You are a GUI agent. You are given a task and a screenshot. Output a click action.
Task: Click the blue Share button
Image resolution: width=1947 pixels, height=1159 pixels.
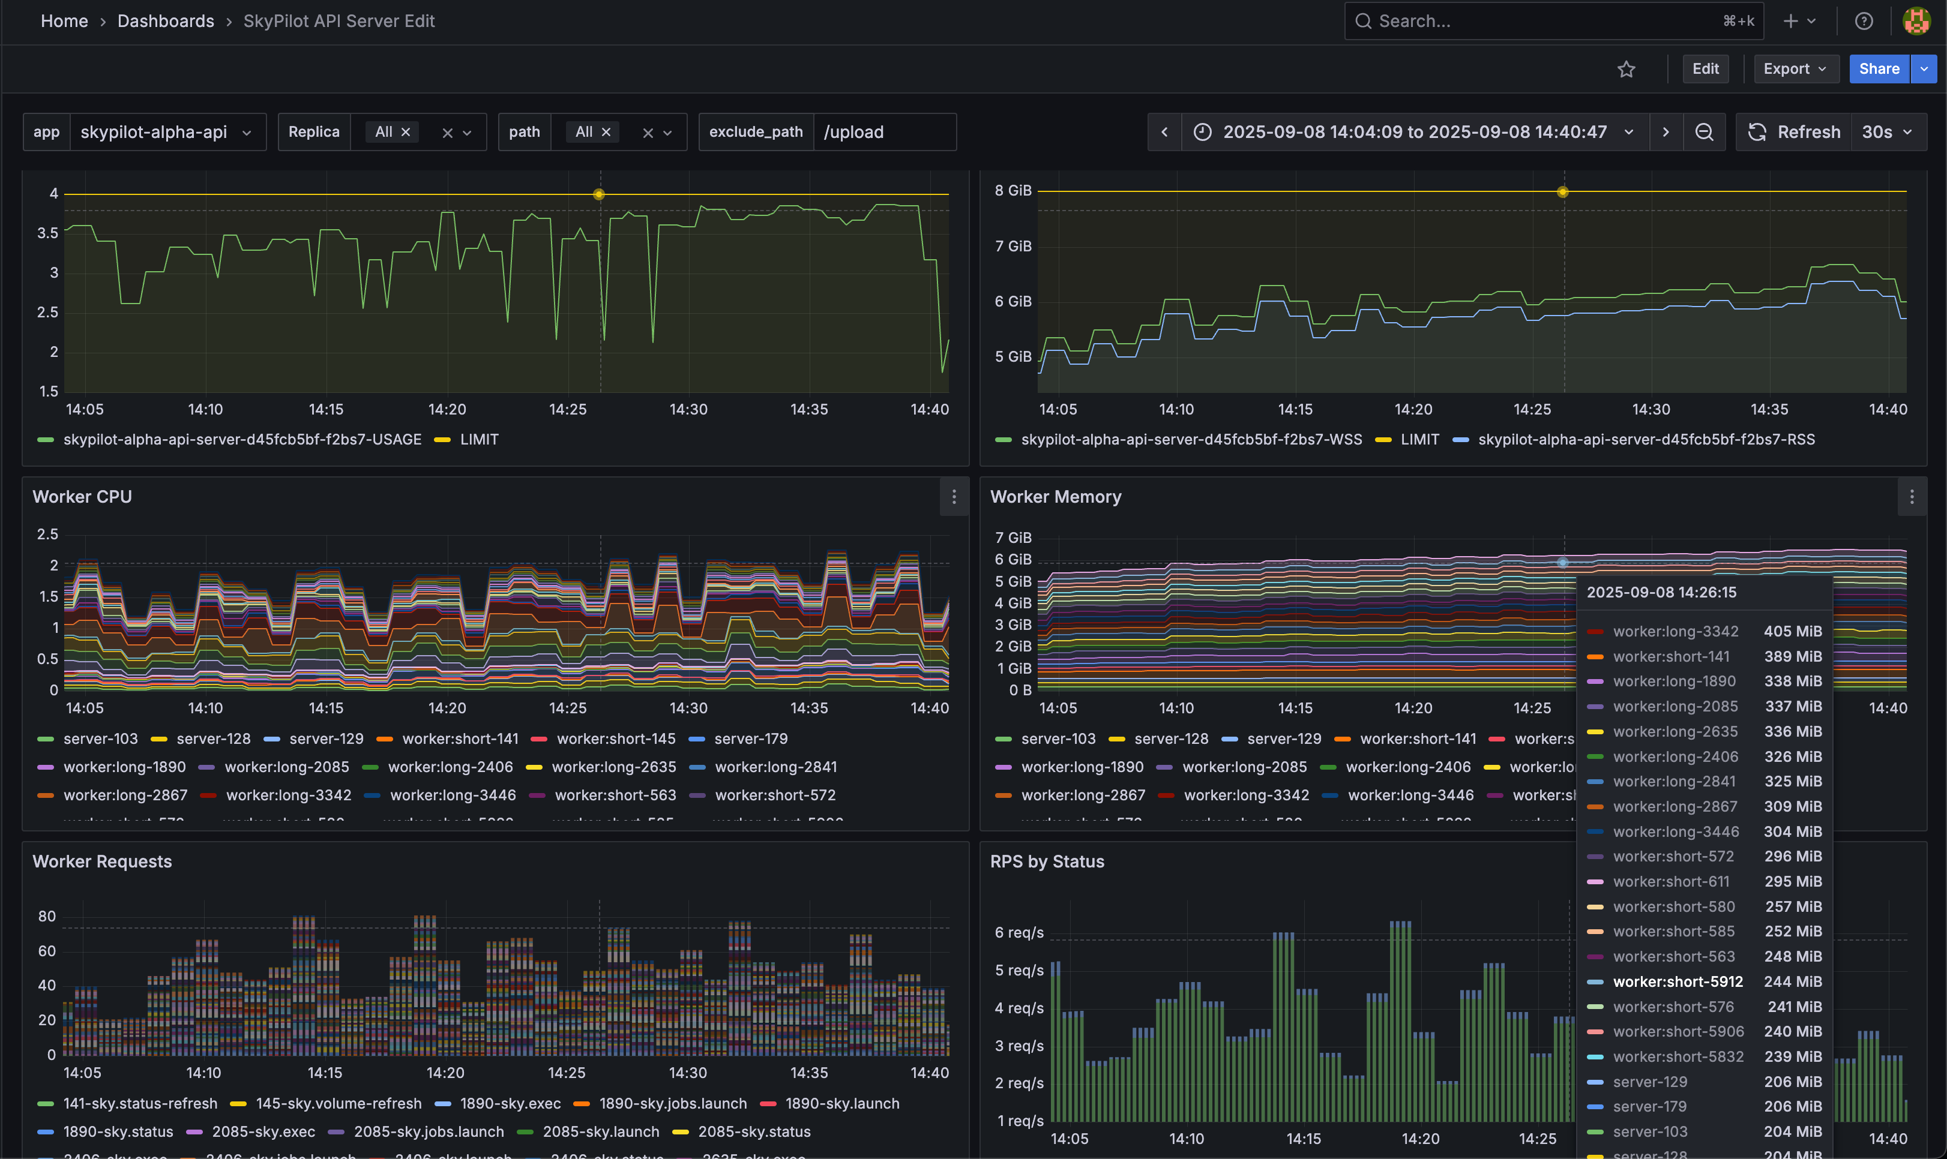tap(1878, 69)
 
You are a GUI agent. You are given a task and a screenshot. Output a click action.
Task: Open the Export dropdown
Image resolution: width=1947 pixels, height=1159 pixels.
tap(1795, 69)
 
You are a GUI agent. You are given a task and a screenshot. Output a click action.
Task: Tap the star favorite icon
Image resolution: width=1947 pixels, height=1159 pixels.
tap(1626, 70)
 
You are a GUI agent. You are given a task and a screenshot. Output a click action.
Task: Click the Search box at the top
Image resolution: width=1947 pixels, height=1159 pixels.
tap(1547, 21)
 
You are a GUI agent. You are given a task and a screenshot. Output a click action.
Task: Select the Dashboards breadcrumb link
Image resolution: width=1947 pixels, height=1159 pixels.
tap(166, 21)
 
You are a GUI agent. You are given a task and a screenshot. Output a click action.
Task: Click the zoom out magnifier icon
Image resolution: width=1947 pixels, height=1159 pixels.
tap(1703, 132)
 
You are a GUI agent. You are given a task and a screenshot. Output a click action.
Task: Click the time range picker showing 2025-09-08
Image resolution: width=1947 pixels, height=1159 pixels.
tap(1414, 132)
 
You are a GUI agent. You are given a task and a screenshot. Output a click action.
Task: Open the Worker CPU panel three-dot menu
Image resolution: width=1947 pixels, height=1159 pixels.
tap(953, 497)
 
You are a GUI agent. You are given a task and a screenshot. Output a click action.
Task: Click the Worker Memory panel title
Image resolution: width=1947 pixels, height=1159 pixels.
tap(1055, 497)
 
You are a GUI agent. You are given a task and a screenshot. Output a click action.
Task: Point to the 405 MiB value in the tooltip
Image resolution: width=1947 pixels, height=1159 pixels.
tap(1792, 631)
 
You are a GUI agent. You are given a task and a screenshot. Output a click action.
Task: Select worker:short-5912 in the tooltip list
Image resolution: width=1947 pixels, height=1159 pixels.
tap(1678, 981)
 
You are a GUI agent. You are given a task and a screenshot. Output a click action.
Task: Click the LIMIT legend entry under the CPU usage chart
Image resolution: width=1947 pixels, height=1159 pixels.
tap(478, 440)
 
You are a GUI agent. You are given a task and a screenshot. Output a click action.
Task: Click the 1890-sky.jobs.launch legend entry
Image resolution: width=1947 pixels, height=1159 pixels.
tap(672, 1104)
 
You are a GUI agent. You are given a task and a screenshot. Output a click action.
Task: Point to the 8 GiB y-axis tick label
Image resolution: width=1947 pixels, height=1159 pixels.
tap(1013, 191)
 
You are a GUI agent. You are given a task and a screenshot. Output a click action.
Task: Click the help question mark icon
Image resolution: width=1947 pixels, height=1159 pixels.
tap(1864, 21)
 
